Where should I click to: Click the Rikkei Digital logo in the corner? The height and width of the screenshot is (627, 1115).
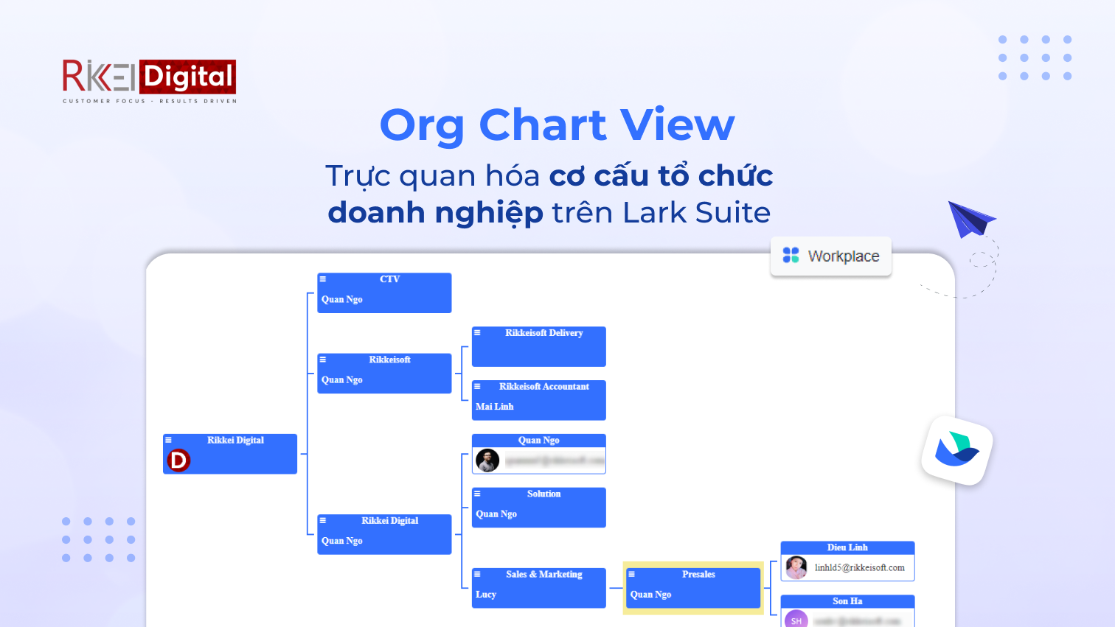149,80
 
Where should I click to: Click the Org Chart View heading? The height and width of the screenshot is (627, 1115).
557,125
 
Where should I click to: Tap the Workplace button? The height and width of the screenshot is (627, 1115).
831,256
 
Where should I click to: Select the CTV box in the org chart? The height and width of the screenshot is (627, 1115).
384,293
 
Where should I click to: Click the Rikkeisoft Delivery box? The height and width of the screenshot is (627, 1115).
538,346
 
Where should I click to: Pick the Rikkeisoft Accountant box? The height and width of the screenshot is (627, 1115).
538,399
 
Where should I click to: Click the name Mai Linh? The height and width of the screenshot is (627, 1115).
494,407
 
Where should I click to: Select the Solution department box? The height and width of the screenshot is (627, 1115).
538,507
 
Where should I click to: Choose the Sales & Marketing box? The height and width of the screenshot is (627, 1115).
538,587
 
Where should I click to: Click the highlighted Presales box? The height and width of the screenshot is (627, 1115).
693,587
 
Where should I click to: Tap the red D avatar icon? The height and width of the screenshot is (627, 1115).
178,460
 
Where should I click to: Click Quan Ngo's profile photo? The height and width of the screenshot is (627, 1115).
487,460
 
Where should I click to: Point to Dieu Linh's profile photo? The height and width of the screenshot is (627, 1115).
796,567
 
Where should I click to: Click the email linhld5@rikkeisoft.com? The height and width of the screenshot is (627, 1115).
859,568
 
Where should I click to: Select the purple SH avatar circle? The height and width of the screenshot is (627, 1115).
796,620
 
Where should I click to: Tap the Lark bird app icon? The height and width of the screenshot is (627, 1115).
956,450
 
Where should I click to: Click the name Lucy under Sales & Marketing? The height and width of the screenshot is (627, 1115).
486,595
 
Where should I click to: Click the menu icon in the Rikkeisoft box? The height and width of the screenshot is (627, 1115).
323,360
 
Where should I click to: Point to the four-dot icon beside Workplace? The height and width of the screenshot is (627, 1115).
791,255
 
